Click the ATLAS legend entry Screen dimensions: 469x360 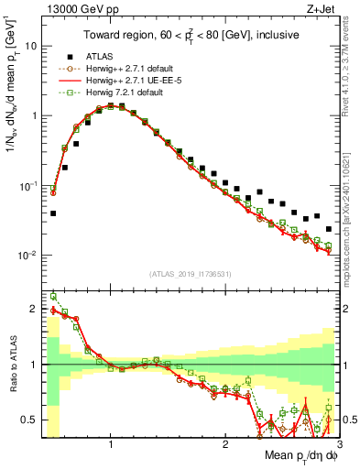[97, 56]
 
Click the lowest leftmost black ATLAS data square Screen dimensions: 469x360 [53, 213]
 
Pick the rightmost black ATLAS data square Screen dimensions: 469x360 [328, 229]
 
